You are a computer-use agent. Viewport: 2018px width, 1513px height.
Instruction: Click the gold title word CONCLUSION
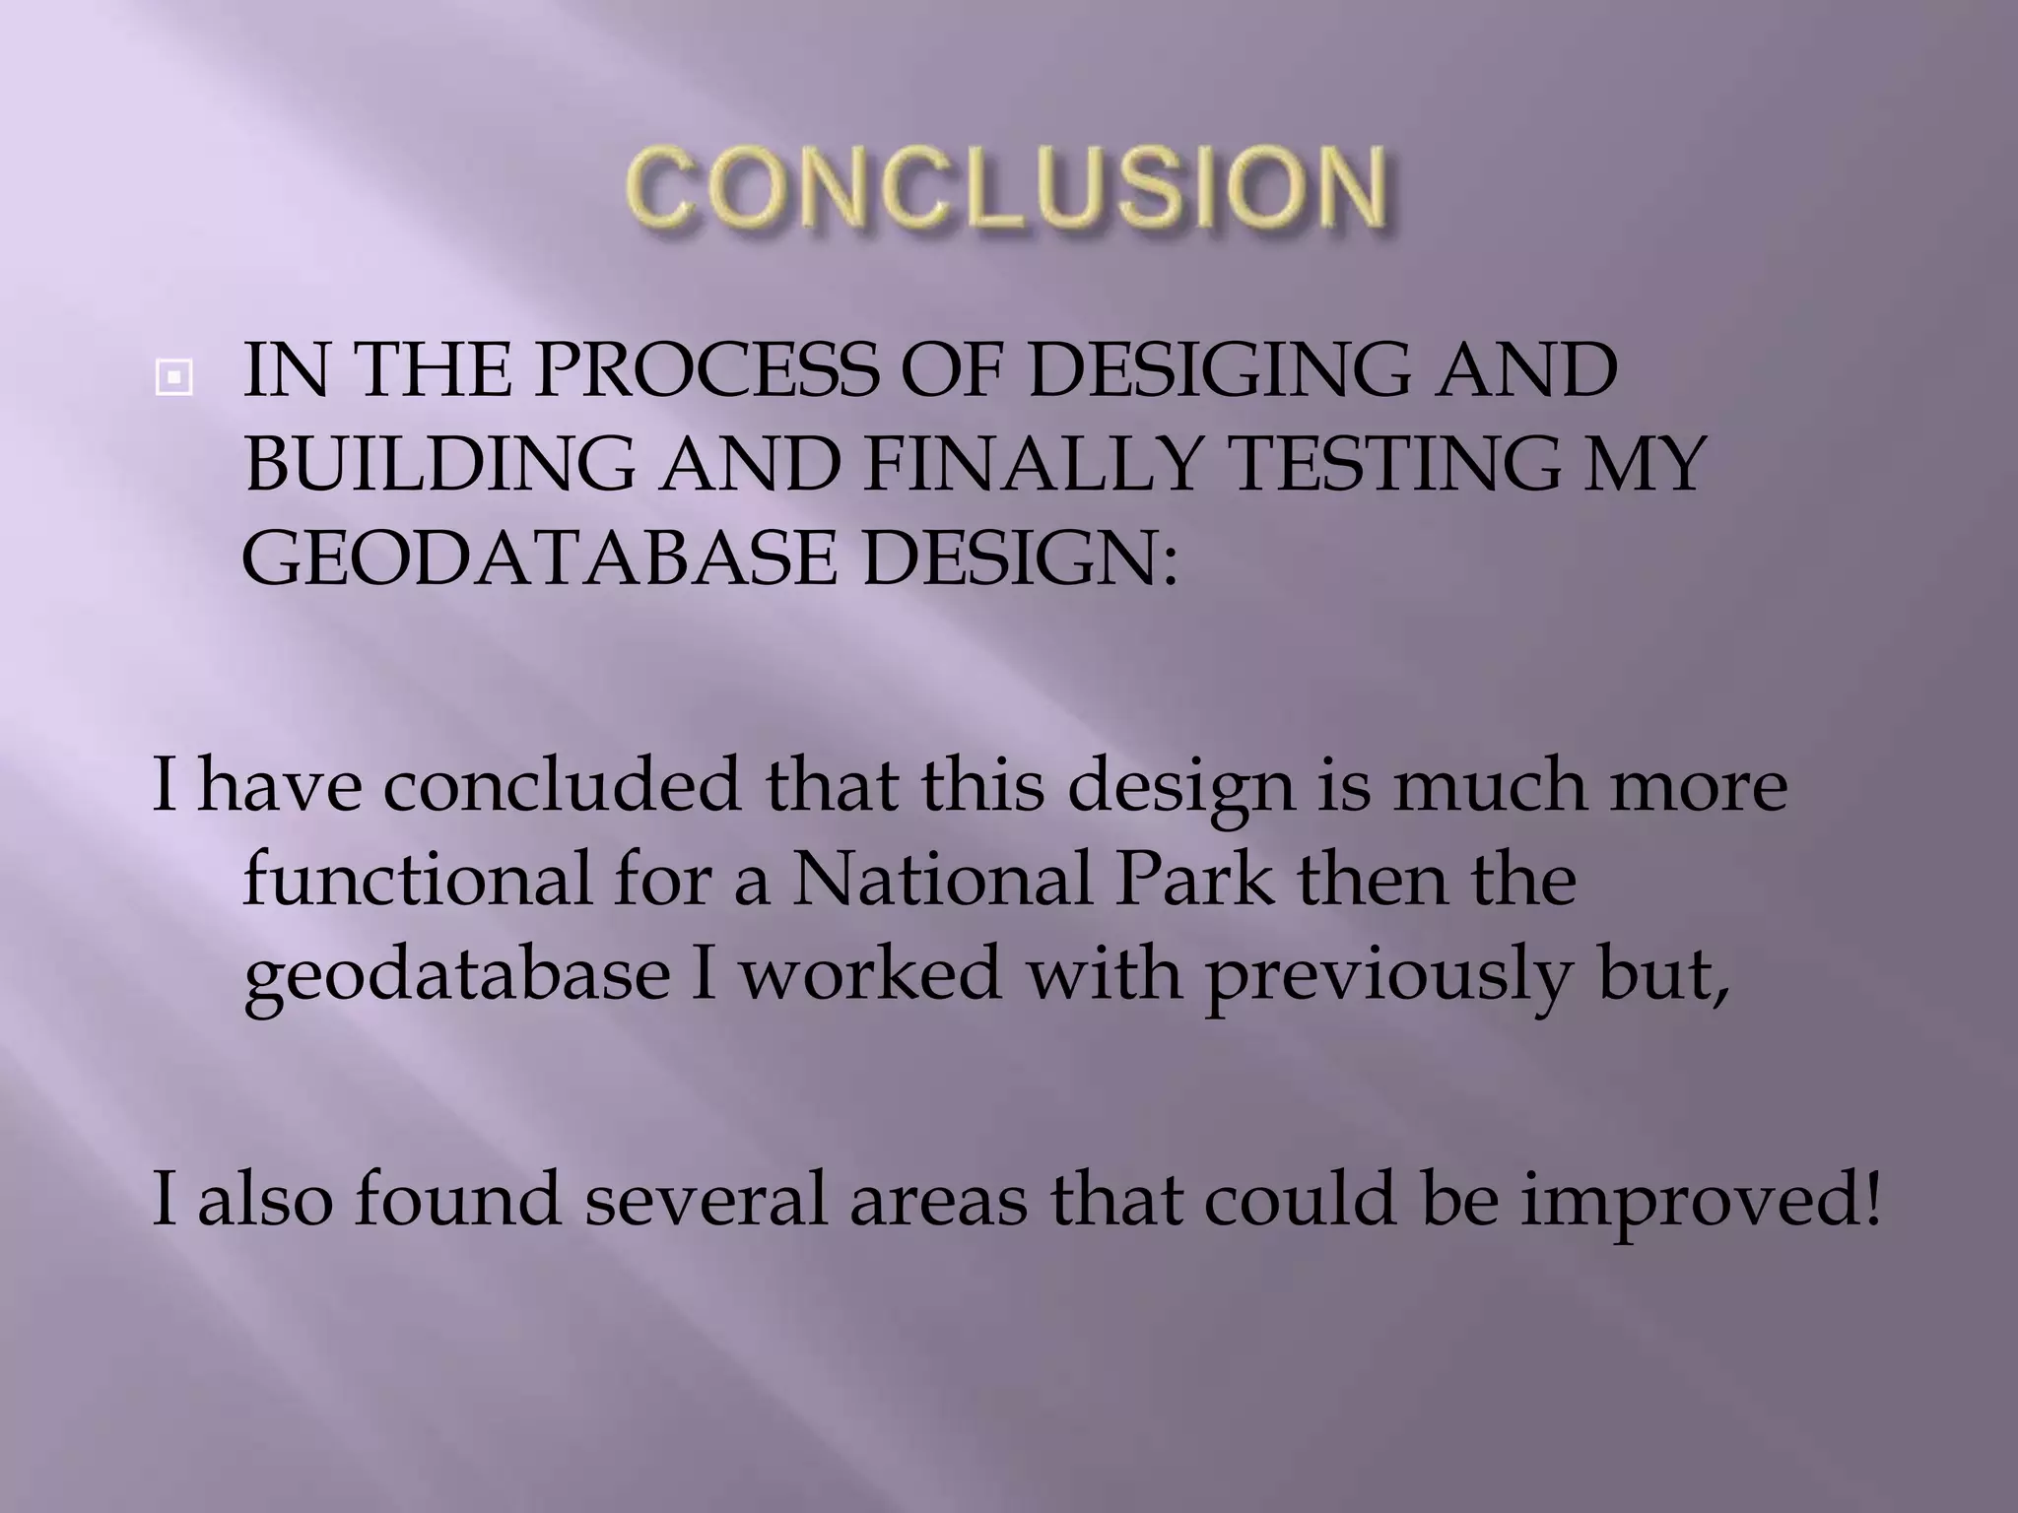click(x=1007, y=187)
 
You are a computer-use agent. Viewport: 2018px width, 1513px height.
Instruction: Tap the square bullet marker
click(x=173, y=376)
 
